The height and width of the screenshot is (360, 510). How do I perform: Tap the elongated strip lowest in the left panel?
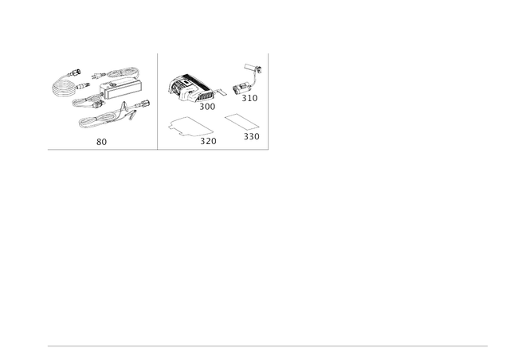111,119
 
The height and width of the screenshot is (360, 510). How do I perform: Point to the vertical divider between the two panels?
158,100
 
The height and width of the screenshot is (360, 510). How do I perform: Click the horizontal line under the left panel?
101,149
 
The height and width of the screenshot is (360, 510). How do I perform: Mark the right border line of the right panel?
269,100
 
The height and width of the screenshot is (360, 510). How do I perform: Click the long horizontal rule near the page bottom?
267,346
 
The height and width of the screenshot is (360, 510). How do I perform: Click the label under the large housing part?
208,104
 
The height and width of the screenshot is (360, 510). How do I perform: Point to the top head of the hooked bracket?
253,67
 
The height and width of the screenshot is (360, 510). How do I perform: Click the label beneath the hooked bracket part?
249,100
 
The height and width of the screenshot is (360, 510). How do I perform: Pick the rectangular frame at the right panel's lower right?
241,124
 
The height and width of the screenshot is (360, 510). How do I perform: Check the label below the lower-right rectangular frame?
251,137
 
